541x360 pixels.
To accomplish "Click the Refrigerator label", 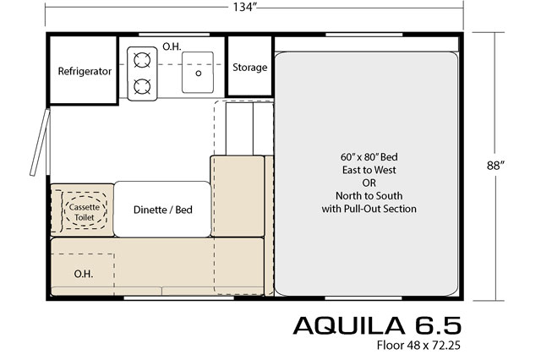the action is [85, 71].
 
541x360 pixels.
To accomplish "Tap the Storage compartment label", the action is [250, 68].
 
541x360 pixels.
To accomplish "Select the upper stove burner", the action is [142, 60].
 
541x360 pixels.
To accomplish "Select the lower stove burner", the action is [142, 86].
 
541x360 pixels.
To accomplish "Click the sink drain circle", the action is [199, 74].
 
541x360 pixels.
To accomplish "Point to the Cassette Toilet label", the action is [85, 212].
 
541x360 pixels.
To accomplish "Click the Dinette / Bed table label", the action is [163, 210].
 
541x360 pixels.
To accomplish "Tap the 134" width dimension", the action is [245, 7].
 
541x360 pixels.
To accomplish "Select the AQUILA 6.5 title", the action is [377, 325].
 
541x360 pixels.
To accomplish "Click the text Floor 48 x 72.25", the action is [418, 345].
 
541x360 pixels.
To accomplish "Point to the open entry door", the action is [40, 143].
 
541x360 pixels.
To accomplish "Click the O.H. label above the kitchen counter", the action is [172, 46].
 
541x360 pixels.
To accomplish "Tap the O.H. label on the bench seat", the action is [84, 274].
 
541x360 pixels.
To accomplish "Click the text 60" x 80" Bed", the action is [369, 157].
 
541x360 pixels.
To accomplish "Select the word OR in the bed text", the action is [369, 183].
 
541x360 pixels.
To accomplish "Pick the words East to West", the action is [369, 170].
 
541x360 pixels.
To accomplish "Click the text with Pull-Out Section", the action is [369, 209].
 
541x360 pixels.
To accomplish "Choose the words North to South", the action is [369, 196].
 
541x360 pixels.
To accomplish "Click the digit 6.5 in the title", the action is [438, 325].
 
